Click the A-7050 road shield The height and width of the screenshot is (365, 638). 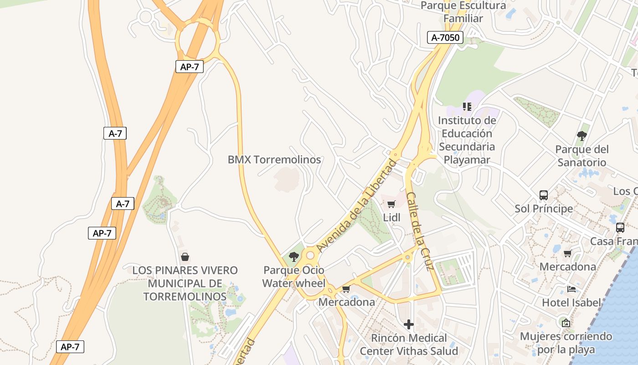[x=445, y=37]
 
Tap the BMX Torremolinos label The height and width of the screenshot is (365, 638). [x=274, y=160]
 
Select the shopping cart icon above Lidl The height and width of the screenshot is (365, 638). [x=391, y=204]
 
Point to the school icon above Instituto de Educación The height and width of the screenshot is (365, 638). [x=467, y=107]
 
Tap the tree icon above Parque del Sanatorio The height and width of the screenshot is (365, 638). [x=581, y=136]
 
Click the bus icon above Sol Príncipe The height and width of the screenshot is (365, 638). [x=543, y=195]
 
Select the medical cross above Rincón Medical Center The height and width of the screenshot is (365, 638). [x=409, y=324]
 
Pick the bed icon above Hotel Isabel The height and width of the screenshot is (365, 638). [x=571, y=289]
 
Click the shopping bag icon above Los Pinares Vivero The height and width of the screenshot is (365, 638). [x=185, y=257]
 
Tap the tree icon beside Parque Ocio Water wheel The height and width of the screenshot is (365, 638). [x=294, y=257]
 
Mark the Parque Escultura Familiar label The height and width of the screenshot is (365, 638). [x=463, y=12]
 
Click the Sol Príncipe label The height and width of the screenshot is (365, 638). [x=544, y=209]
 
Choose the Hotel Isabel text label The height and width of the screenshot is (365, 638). [x=571, y=302]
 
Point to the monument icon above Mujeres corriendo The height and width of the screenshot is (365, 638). [x=566, y=323]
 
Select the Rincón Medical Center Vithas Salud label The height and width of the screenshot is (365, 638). [x=409, y=344]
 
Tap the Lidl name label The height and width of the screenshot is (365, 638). [x=391, y=218]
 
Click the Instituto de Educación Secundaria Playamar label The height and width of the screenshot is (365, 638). [x=467, y=140]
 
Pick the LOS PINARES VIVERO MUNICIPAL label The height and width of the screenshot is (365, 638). [x=185, y=283]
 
